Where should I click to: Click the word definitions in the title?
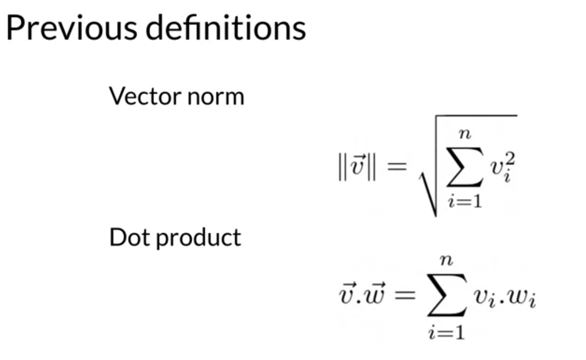click(x=226, y=28)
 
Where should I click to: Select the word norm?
click(x=215, y=97)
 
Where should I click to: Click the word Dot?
click(x=130, y=237)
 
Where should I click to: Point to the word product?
click(x=199, y=238)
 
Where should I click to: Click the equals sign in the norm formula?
click(x=397, y=166)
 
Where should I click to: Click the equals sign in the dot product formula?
click(x=405, y=294)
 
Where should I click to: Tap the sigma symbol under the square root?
click(x=464, y=167)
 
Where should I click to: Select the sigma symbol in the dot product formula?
click(x=447, y=295)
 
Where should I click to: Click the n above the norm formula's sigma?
click(x=465, y=134)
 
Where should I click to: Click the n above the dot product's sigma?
click(x=447, y=260)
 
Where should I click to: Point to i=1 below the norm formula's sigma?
click(x=465, y=201)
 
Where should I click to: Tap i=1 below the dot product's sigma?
click(x=447, y=332)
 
